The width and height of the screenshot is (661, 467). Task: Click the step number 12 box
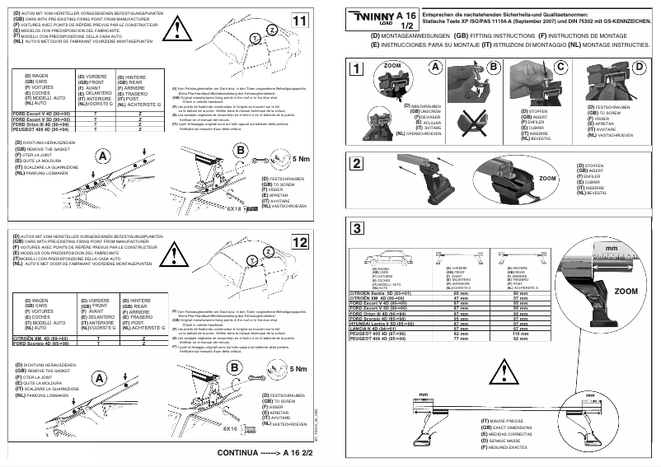tap(301, 242)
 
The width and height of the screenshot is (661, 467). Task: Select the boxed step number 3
tap(355, 228)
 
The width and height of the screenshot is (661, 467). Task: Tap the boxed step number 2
tap(355, 162)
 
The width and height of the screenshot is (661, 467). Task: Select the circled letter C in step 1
tap(560, 66)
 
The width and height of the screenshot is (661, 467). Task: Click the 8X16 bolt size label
tap(234, 429)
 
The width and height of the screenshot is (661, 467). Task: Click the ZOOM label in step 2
tap(525, 177)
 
